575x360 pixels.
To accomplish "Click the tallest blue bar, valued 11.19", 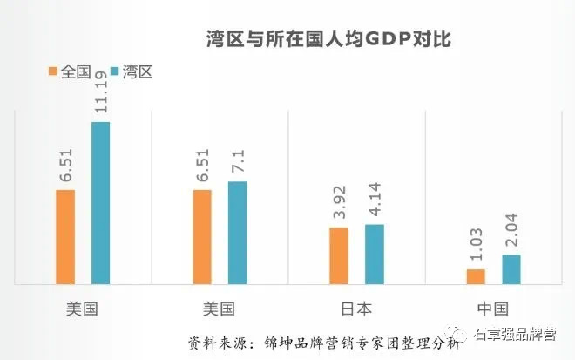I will click(x=101, y=203).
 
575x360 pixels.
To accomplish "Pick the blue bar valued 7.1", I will click(x=237, y=233).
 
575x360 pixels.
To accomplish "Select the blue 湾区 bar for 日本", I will click(x=374, y=254).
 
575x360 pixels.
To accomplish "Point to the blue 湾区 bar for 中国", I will click(x=511, y=269).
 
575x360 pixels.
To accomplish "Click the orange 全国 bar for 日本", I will click(x=340, y=255).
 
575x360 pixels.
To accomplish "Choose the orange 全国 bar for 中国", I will click(x=476, y=276).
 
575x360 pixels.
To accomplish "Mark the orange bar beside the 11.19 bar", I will click(x=65, y=236).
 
